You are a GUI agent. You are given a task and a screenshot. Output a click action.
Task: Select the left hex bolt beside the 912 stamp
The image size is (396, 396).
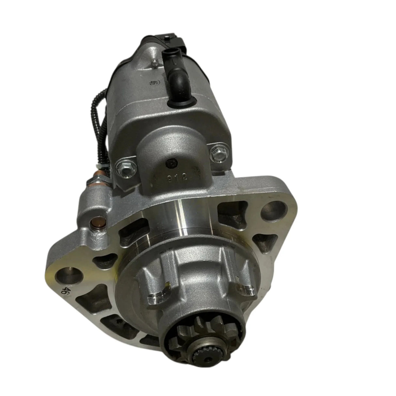point(122,167)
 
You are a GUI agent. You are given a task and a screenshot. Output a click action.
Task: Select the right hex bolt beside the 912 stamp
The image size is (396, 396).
point(216,152)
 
